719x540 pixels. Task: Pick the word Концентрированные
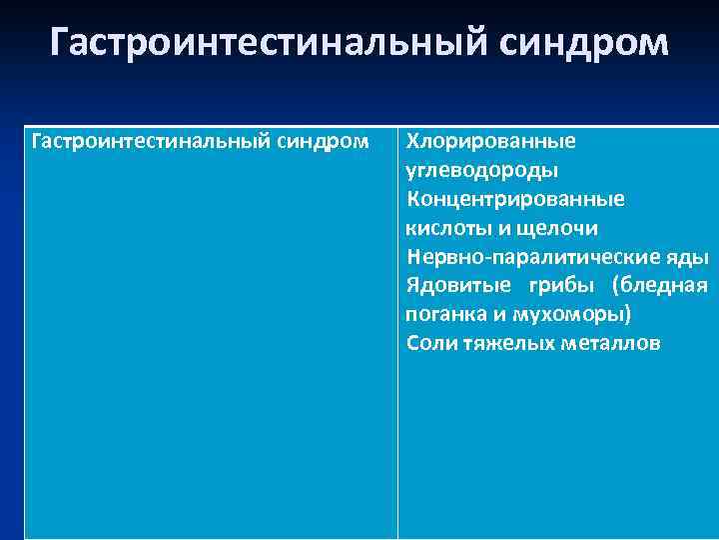coord(515,199)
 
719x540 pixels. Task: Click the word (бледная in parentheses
coord(662,285)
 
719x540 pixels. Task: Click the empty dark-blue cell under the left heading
coord(210,350)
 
